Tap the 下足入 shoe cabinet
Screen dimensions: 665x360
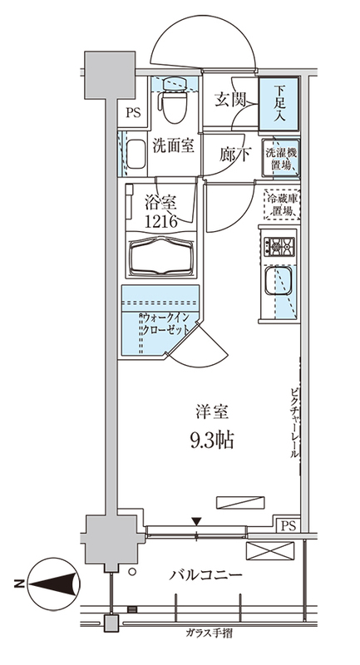[x=279, y=103]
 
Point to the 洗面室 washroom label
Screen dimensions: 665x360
[x=173, y=146]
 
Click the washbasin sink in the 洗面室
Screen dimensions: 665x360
[x=135, y=155]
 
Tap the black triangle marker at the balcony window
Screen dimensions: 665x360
[x=197, y=521]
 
